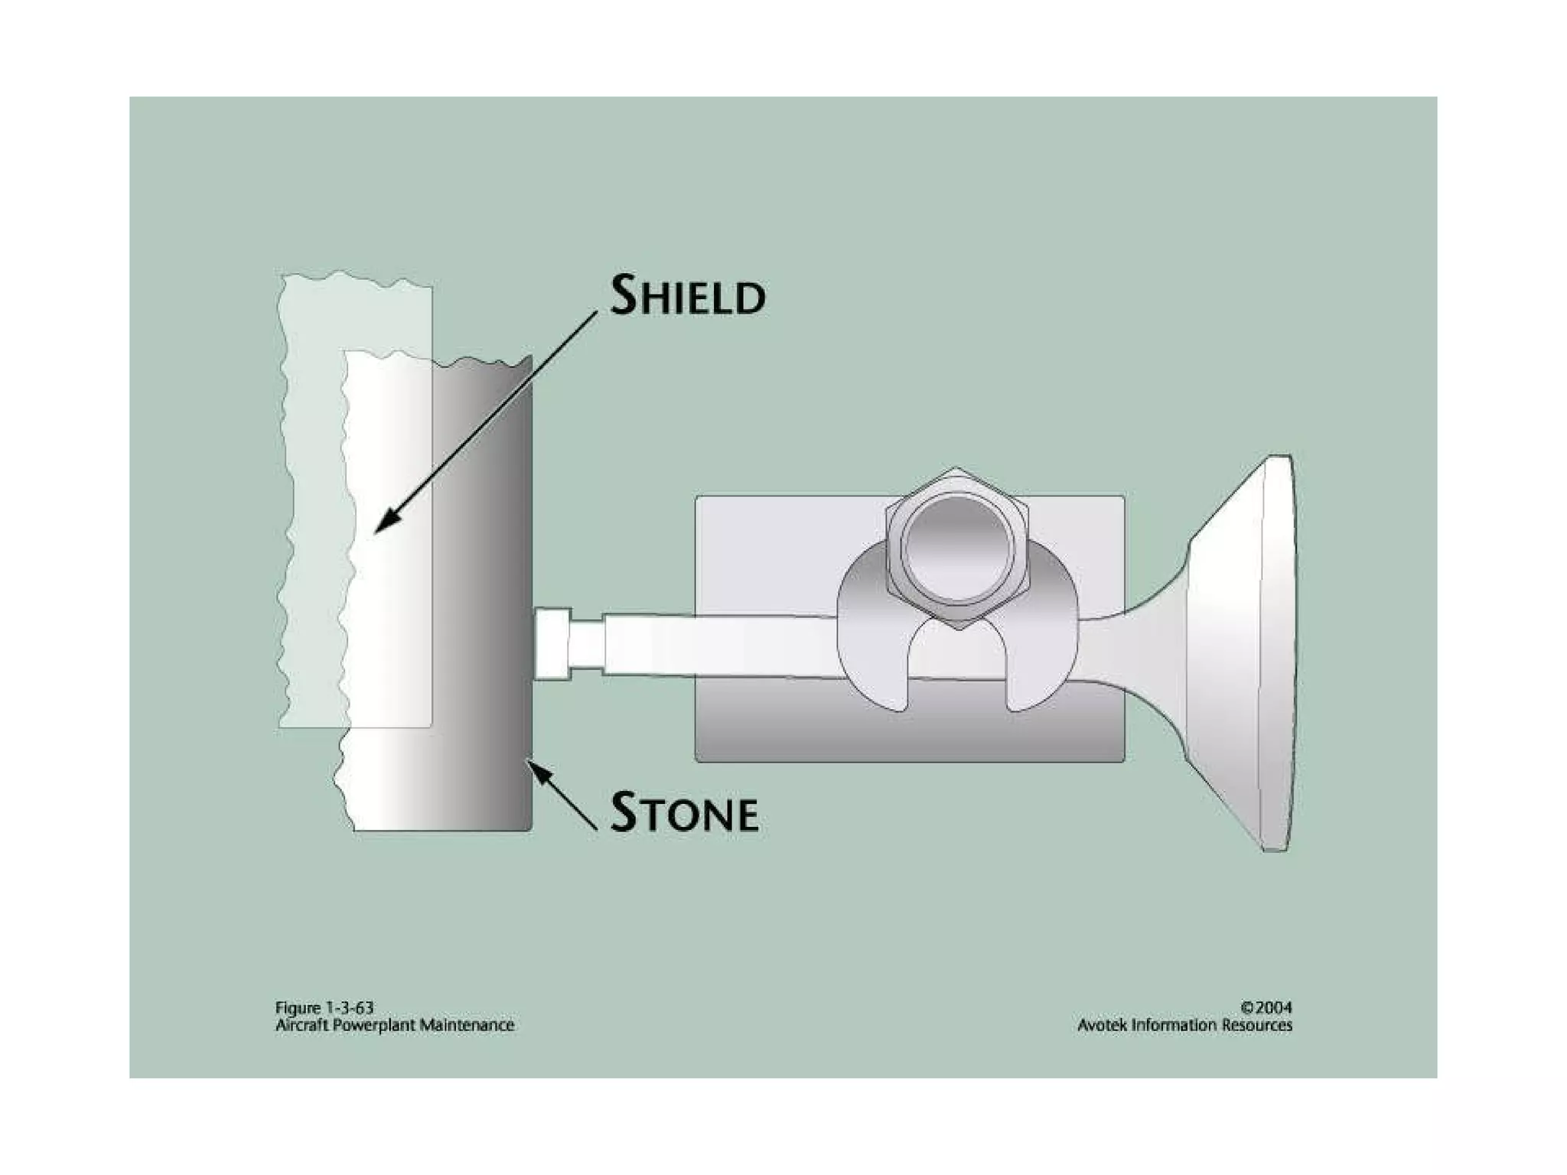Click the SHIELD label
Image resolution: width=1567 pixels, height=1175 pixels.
pos(687,295)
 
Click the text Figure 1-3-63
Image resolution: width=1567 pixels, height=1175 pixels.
pos(324,1007)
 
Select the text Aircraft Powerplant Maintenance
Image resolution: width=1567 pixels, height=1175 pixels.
pos(394,1025)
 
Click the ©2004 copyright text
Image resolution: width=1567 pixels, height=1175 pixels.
pos(1266,1007)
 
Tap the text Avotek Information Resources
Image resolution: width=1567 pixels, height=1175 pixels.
pos(1184,1025)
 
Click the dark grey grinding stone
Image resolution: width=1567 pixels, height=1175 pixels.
pos(482,597)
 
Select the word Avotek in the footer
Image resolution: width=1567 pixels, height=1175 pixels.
pos(1102,1025)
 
